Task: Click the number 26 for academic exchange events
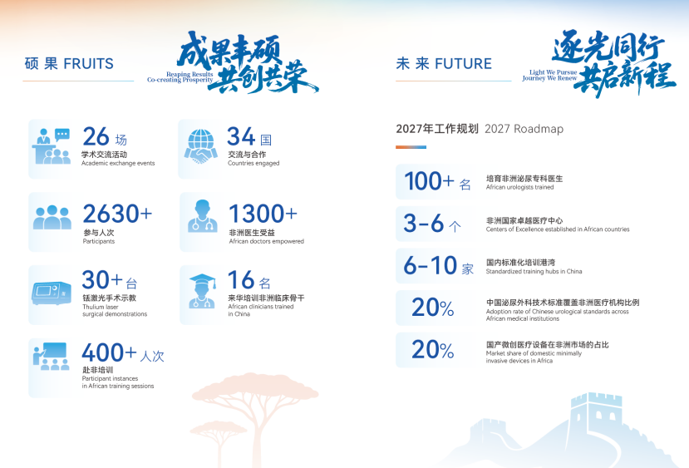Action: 96,136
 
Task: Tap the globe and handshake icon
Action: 201,146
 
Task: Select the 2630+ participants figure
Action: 117,214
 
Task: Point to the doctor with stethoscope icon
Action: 202,216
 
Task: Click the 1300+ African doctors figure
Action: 263,214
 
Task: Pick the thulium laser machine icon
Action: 52,293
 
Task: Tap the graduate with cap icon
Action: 202,291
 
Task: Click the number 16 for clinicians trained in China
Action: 241,280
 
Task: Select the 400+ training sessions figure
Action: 110,352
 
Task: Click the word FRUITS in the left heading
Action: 88,64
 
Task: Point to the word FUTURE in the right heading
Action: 463,64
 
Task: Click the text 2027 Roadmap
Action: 524,129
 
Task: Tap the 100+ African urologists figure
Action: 429,180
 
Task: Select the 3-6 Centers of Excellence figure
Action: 424,223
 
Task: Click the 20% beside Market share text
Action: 433,350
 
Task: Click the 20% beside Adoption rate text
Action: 433,308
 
